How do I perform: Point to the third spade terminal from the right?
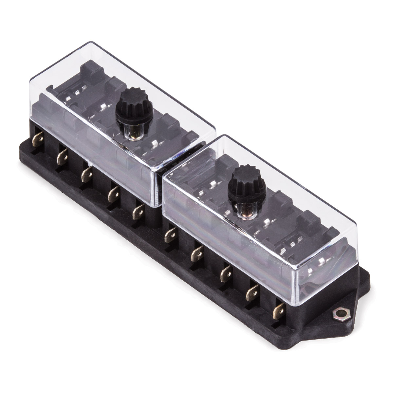[x=226, y=270]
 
